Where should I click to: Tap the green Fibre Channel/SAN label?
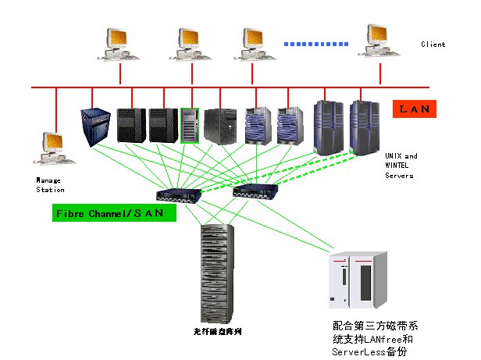coord(109,212)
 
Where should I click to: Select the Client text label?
coord(433,45)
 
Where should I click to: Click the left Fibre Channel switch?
coord(177,194)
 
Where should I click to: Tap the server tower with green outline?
coord(191,125)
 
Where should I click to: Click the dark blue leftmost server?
coord(96,125)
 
